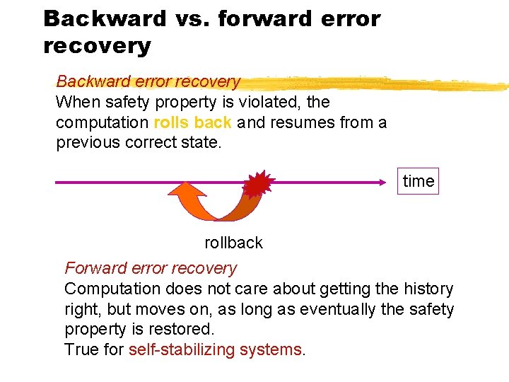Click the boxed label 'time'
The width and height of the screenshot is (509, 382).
418,181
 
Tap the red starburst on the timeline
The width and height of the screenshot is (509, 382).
258,184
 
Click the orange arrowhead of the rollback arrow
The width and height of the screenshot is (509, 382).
188,193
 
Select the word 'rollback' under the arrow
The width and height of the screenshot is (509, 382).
233,243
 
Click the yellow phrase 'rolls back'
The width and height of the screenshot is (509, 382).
192,122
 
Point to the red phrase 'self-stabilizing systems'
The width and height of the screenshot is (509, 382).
215,349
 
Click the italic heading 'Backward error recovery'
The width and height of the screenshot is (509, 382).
148,81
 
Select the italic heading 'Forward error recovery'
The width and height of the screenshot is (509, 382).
151,268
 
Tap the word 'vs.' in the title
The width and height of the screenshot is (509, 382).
192,18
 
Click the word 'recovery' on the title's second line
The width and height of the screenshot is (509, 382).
97,46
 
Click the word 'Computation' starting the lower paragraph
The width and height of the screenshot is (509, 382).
112,289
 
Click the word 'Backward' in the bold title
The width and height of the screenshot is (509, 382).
105,18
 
